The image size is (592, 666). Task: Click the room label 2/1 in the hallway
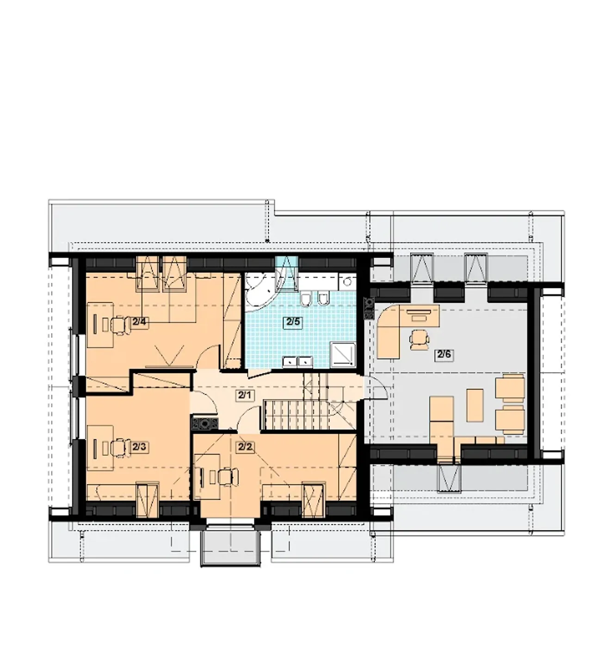(245, 395)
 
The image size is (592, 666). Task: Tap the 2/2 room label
(245, 447)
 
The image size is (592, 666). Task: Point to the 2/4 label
(139, 322)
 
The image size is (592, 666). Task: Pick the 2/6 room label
(444, 355)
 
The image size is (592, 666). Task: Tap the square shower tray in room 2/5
(343, 355)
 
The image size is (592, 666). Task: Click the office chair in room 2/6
(419, 340)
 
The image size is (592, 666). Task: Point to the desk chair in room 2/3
(119, 448)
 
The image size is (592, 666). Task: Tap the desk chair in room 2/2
(228, 477)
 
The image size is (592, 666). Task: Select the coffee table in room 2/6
(475, 405)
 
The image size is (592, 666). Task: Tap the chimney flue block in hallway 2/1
(205, 423)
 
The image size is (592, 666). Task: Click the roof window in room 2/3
(148, 500)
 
